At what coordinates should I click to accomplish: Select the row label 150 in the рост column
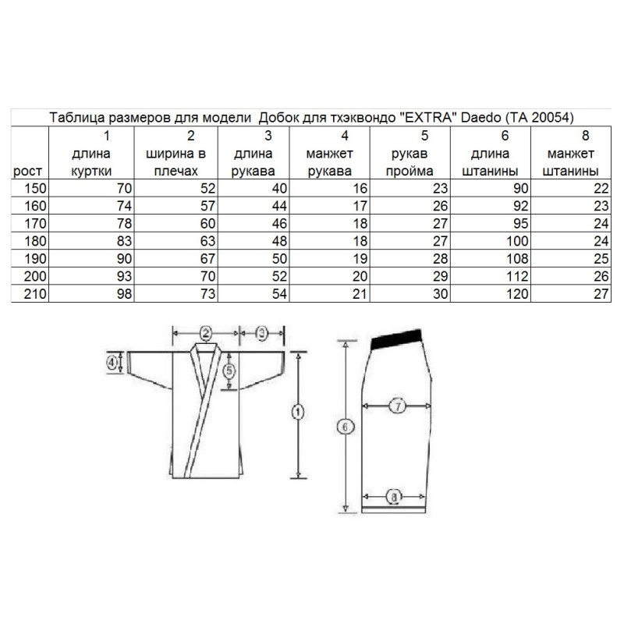pos(35,188)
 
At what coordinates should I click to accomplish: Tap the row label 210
pos(35,294)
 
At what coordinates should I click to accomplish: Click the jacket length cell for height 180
pos(124,241)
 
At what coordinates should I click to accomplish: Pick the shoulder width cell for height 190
pos(207,259)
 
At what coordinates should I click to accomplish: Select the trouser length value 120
pos(517,294)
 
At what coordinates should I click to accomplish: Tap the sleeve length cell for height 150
pos(279,188)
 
